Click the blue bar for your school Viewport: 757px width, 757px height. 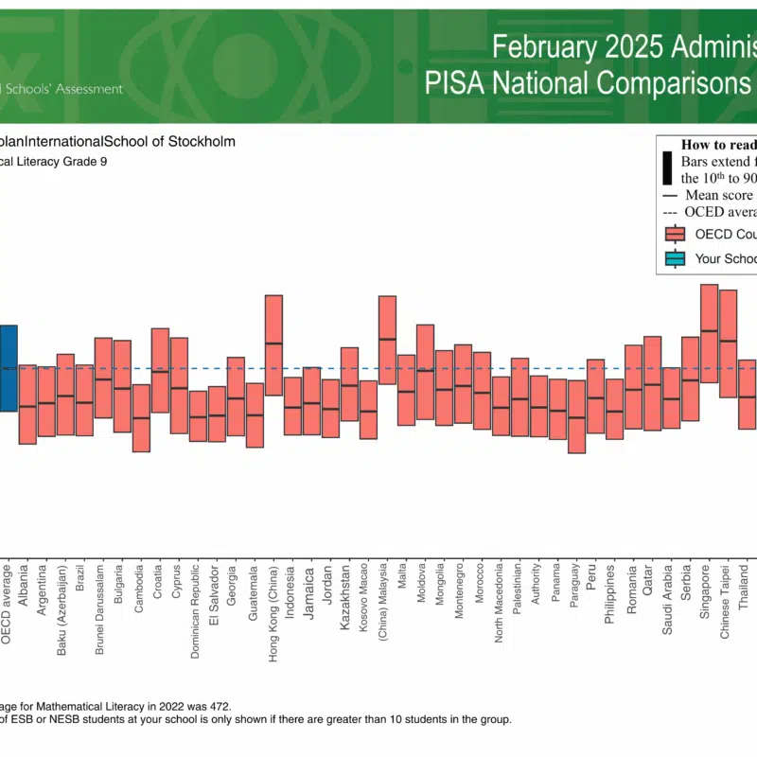8,368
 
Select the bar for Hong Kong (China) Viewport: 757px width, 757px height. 273,345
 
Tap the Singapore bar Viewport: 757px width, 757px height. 709,333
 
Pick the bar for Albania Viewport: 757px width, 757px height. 26,404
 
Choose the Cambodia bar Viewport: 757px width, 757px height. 141,417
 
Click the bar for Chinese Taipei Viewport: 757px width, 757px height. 728,343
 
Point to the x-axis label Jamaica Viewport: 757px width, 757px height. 309,592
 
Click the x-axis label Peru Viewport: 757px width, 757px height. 591,575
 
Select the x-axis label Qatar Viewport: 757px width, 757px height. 648,578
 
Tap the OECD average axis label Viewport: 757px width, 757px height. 7,605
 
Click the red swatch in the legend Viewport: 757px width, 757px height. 675,234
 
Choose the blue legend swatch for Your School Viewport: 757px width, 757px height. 675,258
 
